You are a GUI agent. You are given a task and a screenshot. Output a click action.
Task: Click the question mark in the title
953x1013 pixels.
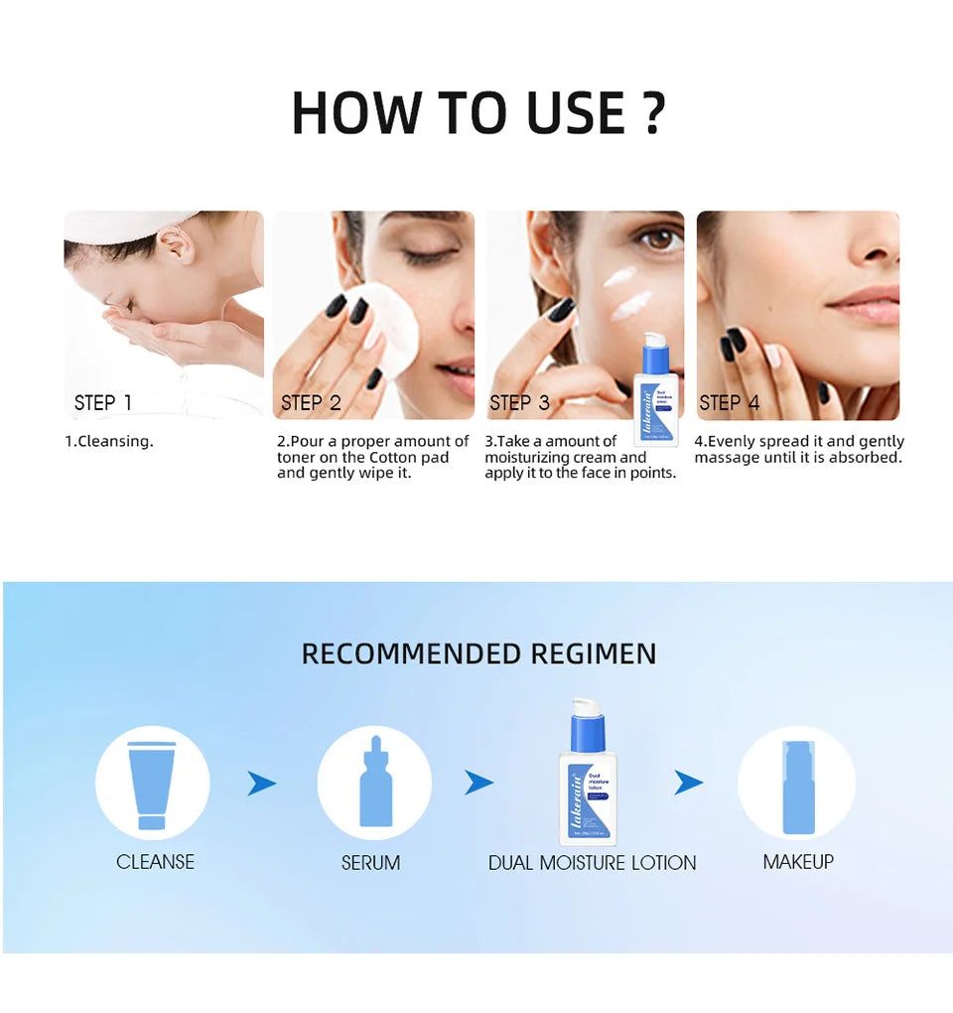coord(652,112)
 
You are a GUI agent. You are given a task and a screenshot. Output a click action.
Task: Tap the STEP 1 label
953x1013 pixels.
coord(102,402)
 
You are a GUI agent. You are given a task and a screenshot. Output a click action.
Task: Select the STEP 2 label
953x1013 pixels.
coord(311,402)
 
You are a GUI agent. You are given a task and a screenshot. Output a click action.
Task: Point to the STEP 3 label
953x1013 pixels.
coord(519,402)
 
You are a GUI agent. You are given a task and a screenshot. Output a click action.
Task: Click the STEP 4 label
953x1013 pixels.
coord(729,402)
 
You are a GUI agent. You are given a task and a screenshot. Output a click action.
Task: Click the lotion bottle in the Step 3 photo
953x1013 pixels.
coord(655,392)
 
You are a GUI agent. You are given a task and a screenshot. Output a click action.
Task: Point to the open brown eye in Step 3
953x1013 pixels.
coord(658,239)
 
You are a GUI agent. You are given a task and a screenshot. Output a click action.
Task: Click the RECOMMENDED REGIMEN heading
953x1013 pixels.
coord(478,653)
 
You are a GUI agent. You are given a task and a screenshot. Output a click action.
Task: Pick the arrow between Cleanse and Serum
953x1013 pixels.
coord(262,784)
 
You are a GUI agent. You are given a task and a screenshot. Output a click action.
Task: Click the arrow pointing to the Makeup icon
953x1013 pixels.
coord(688,784)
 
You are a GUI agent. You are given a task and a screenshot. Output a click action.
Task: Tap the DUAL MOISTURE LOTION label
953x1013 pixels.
coord(592,863)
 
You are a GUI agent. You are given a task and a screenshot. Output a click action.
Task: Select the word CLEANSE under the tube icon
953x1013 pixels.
coord(155,862)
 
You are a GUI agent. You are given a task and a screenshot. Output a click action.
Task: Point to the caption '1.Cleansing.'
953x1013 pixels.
coord(109,441)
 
